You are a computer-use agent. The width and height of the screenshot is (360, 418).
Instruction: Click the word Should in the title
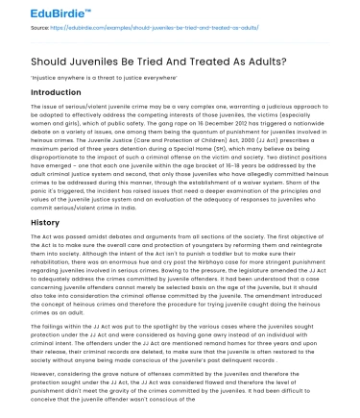[x=54, y=60]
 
